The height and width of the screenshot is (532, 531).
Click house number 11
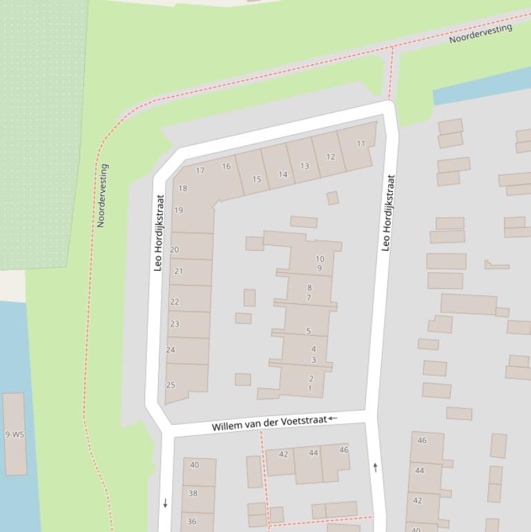[x=360, y=144]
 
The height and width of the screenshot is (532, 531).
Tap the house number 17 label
[x=200, y=171]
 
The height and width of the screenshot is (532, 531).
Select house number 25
[x=171, y=386]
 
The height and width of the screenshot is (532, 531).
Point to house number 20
[x=174, y=250]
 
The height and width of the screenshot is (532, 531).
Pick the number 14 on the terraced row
[x=282, y=175]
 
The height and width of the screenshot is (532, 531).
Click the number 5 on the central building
[x=309, y=332]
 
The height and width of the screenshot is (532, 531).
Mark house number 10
[x=320, y=260]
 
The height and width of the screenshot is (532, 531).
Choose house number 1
[x=310, y=388]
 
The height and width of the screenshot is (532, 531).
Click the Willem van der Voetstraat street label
[x=269, y=423]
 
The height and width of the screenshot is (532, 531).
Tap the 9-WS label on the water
[x=14, y=435]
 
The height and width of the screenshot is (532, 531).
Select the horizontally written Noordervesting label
[x=481, y=33]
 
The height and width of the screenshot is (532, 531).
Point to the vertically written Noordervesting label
[x=102, y=196]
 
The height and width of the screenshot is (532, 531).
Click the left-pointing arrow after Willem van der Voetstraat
[x=333, y=418]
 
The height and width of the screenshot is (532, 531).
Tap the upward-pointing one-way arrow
[x=376, y=468]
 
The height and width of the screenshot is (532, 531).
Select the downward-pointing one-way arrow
[x=165, y=503]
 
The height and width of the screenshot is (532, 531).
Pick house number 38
[x=193, y=493]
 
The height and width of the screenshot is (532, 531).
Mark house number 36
[x=191, y=522]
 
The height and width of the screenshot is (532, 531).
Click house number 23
[x=174, y=324]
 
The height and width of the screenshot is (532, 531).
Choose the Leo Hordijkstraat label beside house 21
[x=158, y=232]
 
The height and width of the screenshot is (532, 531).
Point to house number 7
[x=309, y=298]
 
